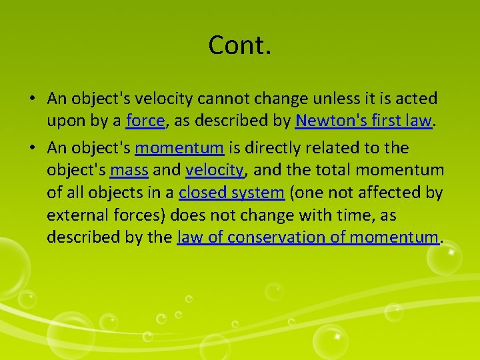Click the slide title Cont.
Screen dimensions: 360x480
(x=240, y=45)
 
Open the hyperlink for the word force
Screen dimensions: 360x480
(x=145, y=121)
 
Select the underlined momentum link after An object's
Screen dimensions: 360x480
(x=179, y=147)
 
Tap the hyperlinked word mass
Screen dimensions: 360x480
(x=129, y=170)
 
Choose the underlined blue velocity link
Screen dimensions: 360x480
(x=215, y=170)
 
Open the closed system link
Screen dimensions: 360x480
(x=231, y=193)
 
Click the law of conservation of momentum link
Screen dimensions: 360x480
(x=308, y=237)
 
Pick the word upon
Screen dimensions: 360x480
(x=64, y=121)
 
